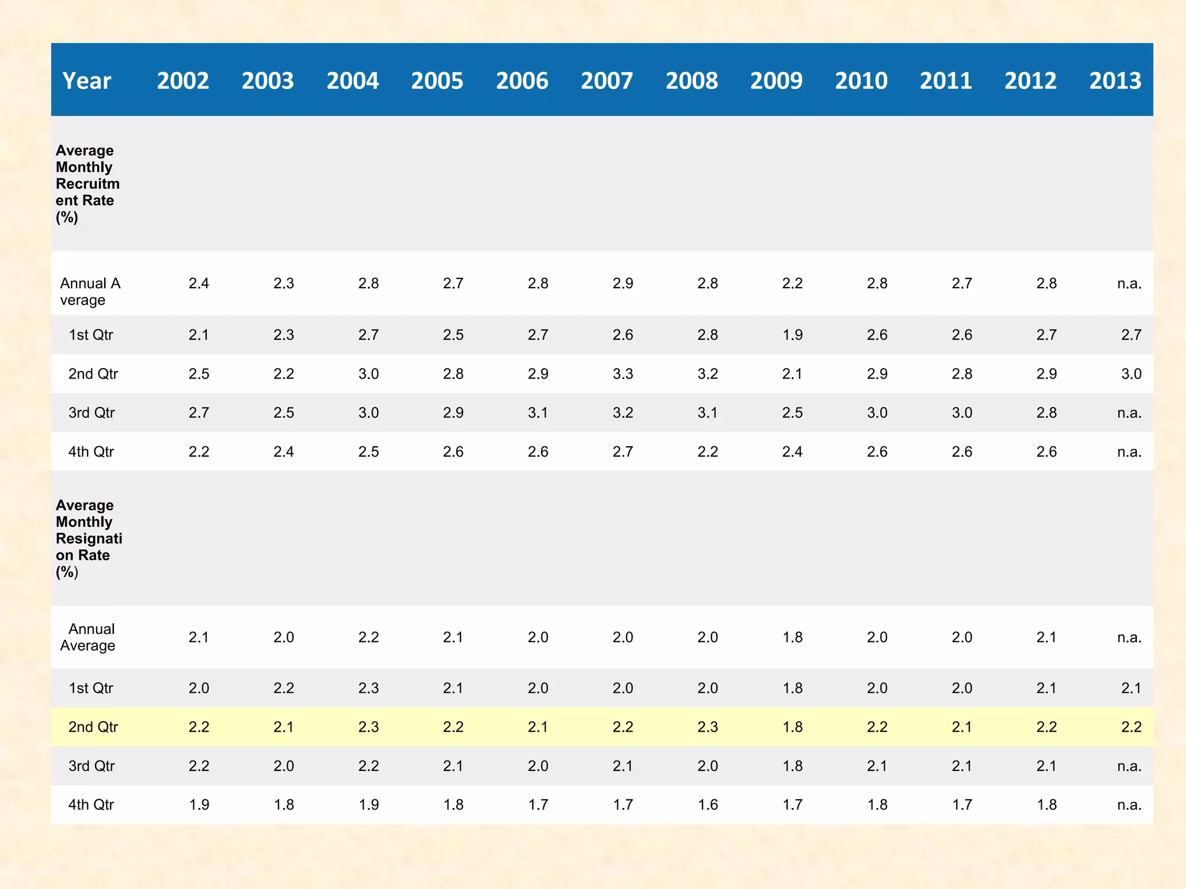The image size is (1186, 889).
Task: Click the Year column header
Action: click(87, 81)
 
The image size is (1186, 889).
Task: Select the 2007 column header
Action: click(606, 81)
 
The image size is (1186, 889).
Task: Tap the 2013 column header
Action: click(1115, 81)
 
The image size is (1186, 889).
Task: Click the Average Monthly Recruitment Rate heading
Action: click(87, 183)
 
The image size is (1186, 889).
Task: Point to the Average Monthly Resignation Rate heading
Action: click(88, 538)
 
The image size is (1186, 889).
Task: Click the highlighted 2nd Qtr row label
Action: click(93, 727)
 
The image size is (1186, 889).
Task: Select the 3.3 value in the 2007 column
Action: click(623, 374)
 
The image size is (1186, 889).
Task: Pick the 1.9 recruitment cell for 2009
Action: click(792, 335)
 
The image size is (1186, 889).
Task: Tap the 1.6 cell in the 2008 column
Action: click(708, 804)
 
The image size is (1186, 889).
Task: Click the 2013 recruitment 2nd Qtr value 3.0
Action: click(1131, 374)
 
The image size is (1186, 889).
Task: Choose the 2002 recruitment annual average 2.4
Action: click(199, 284)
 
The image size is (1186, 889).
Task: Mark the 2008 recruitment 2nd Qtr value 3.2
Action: click(708, 374)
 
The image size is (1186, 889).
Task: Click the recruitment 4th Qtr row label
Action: click(91, 451)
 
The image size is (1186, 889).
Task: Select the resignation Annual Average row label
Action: click(88, 637)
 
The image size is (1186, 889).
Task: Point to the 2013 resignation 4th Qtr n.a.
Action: click(1129, 804)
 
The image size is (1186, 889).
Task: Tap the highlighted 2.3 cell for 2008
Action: click(708, 727)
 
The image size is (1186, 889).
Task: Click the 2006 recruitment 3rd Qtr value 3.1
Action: click(538, 413)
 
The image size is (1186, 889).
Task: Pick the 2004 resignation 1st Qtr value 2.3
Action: click(368, 688)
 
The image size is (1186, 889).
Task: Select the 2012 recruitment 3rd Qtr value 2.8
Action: click(1046, 413)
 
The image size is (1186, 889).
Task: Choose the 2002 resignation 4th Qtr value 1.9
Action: click(199, 804)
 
